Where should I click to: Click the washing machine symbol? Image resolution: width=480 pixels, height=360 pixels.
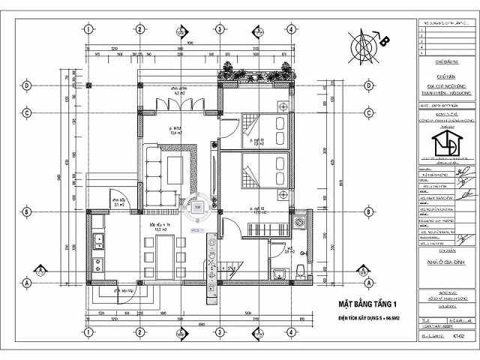click(299, 223)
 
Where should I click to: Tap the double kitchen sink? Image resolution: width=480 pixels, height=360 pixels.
click(97, 241)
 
